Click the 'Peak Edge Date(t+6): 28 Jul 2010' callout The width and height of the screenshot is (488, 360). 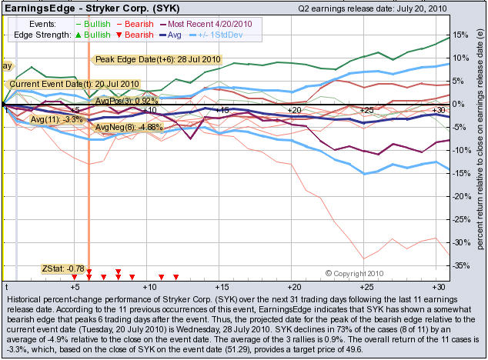[x=157, y=59]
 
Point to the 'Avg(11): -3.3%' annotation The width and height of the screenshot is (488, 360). [x=56, y=120]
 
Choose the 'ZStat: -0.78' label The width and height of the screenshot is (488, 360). [x=62, y=268]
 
